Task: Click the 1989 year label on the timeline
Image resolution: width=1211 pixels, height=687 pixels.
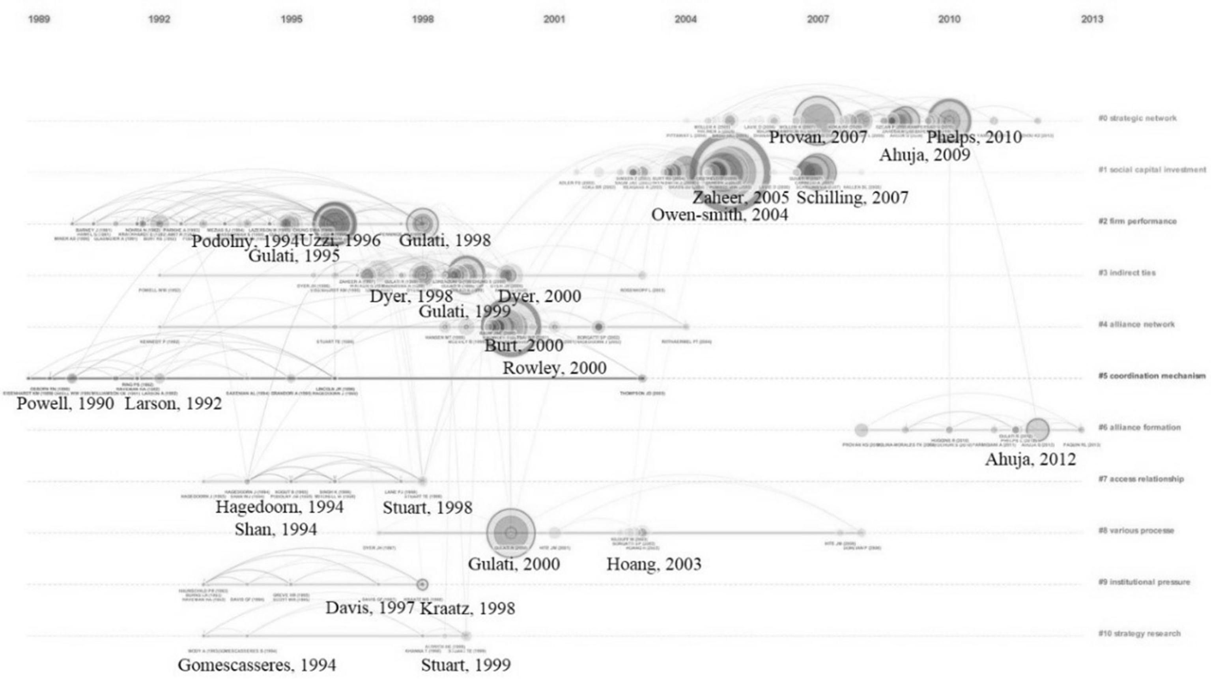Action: (x=39, y=19)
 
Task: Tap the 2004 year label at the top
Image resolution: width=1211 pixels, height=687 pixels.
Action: (x=685, y=19)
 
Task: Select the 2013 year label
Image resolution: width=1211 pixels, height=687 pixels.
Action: (x=1092, y=19)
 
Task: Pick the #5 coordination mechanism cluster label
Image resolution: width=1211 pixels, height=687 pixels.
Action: (x=1151, y=376)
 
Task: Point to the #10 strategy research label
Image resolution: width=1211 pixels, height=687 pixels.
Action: (x=1139, y=633)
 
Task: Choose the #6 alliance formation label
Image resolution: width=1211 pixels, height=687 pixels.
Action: (x=1139, y=427)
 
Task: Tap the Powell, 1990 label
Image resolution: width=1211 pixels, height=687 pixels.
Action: (x=65, y=404)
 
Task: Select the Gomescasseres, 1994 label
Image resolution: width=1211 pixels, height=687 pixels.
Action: (x=257, y=665)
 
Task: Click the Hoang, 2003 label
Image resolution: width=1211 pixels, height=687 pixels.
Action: (x=654, y=564)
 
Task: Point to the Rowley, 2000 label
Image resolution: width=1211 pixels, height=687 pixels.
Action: (x=554, y=368)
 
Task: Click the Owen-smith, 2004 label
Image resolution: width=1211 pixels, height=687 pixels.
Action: (x=719, y=215)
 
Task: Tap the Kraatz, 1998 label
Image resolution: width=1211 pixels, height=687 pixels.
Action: (x=467, y=608)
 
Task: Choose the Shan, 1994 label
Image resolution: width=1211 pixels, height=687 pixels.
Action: (x=275, y=530)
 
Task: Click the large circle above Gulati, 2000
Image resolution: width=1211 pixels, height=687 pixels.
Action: (x=511, y=533)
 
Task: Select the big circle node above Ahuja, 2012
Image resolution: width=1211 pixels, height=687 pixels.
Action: (x=1037, y=430)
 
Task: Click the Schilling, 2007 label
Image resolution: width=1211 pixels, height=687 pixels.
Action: (x=852, y=198)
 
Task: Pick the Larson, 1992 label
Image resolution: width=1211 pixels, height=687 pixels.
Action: (x=173, y=404)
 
